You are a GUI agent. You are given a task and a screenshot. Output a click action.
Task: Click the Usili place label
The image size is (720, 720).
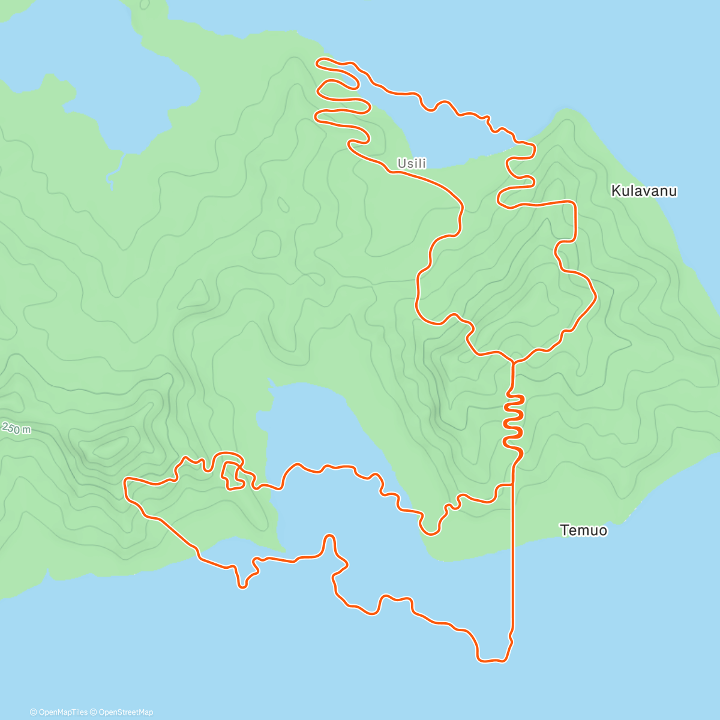pyautogui.click(x=412, y=163)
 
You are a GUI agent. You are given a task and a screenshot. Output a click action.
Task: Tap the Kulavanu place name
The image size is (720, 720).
pyautogui.click(x=644, y=191)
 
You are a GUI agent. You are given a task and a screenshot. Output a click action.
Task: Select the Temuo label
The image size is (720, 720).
pyautogui.click(x=583, y=530)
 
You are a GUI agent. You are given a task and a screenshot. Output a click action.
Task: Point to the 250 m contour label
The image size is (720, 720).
pyautogui.click(x=16, y=428)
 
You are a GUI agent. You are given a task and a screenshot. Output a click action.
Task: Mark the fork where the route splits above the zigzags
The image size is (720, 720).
pyautogui.click(x=513, y=362)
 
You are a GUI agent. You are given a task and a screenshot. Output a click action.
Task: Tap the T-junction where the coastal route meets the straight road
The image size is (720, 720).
pyautogui.click(x=513, y=484)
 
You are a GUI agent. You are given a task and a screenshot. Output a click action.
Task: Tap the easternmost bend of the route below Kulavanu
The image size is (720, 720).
pyautogui.click(x=595, y=295)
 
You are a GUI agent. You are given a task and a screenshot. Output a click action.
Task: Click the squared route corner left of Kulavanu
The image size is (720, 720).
pyautogui.click(x=574, y=205)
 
